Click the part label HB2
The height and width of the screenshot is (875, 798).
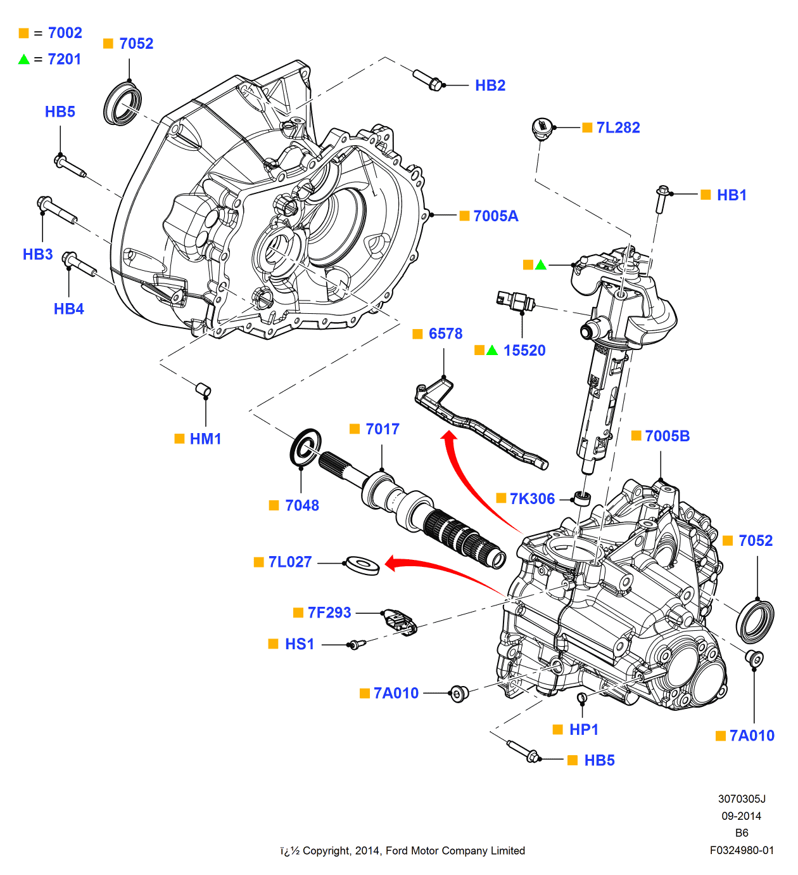(x=490, y=86)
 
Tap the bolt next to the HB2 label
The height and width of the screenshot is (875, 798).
(x=427, y=80)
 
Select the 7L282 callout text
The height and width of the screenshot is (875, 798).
(x=617, y=127)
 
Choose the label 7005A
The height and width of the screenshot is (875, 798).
(x=495, y=216)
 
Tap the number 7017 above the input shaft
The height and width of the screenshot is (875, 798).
(x=382, y=429)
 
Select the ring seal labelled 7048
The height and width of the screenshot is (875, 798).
(x=305, y=446)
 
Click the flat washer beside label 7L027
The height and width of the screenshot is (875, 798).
(x=361, y=564)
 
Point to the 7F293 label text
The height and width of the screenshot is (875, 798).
(x=329, y=612)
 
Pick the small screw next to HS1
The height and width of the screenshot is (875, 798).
(x=357, y=644)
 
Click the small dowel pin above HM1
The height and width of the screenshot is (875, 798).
(x=203, y=389)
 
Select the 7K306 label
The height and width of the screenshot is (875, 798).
(x=532, y=499)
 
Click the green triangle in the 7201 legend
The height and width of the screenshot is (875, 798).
(x=24, y=60)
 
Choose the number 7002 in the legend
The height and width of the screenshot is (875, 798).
(x=65, y=33)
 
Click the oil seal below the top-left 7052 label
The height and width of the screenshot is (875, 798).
(x=122, y=103)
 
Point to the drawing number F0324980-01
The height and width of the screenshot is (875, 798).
(x=742, y=850)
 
